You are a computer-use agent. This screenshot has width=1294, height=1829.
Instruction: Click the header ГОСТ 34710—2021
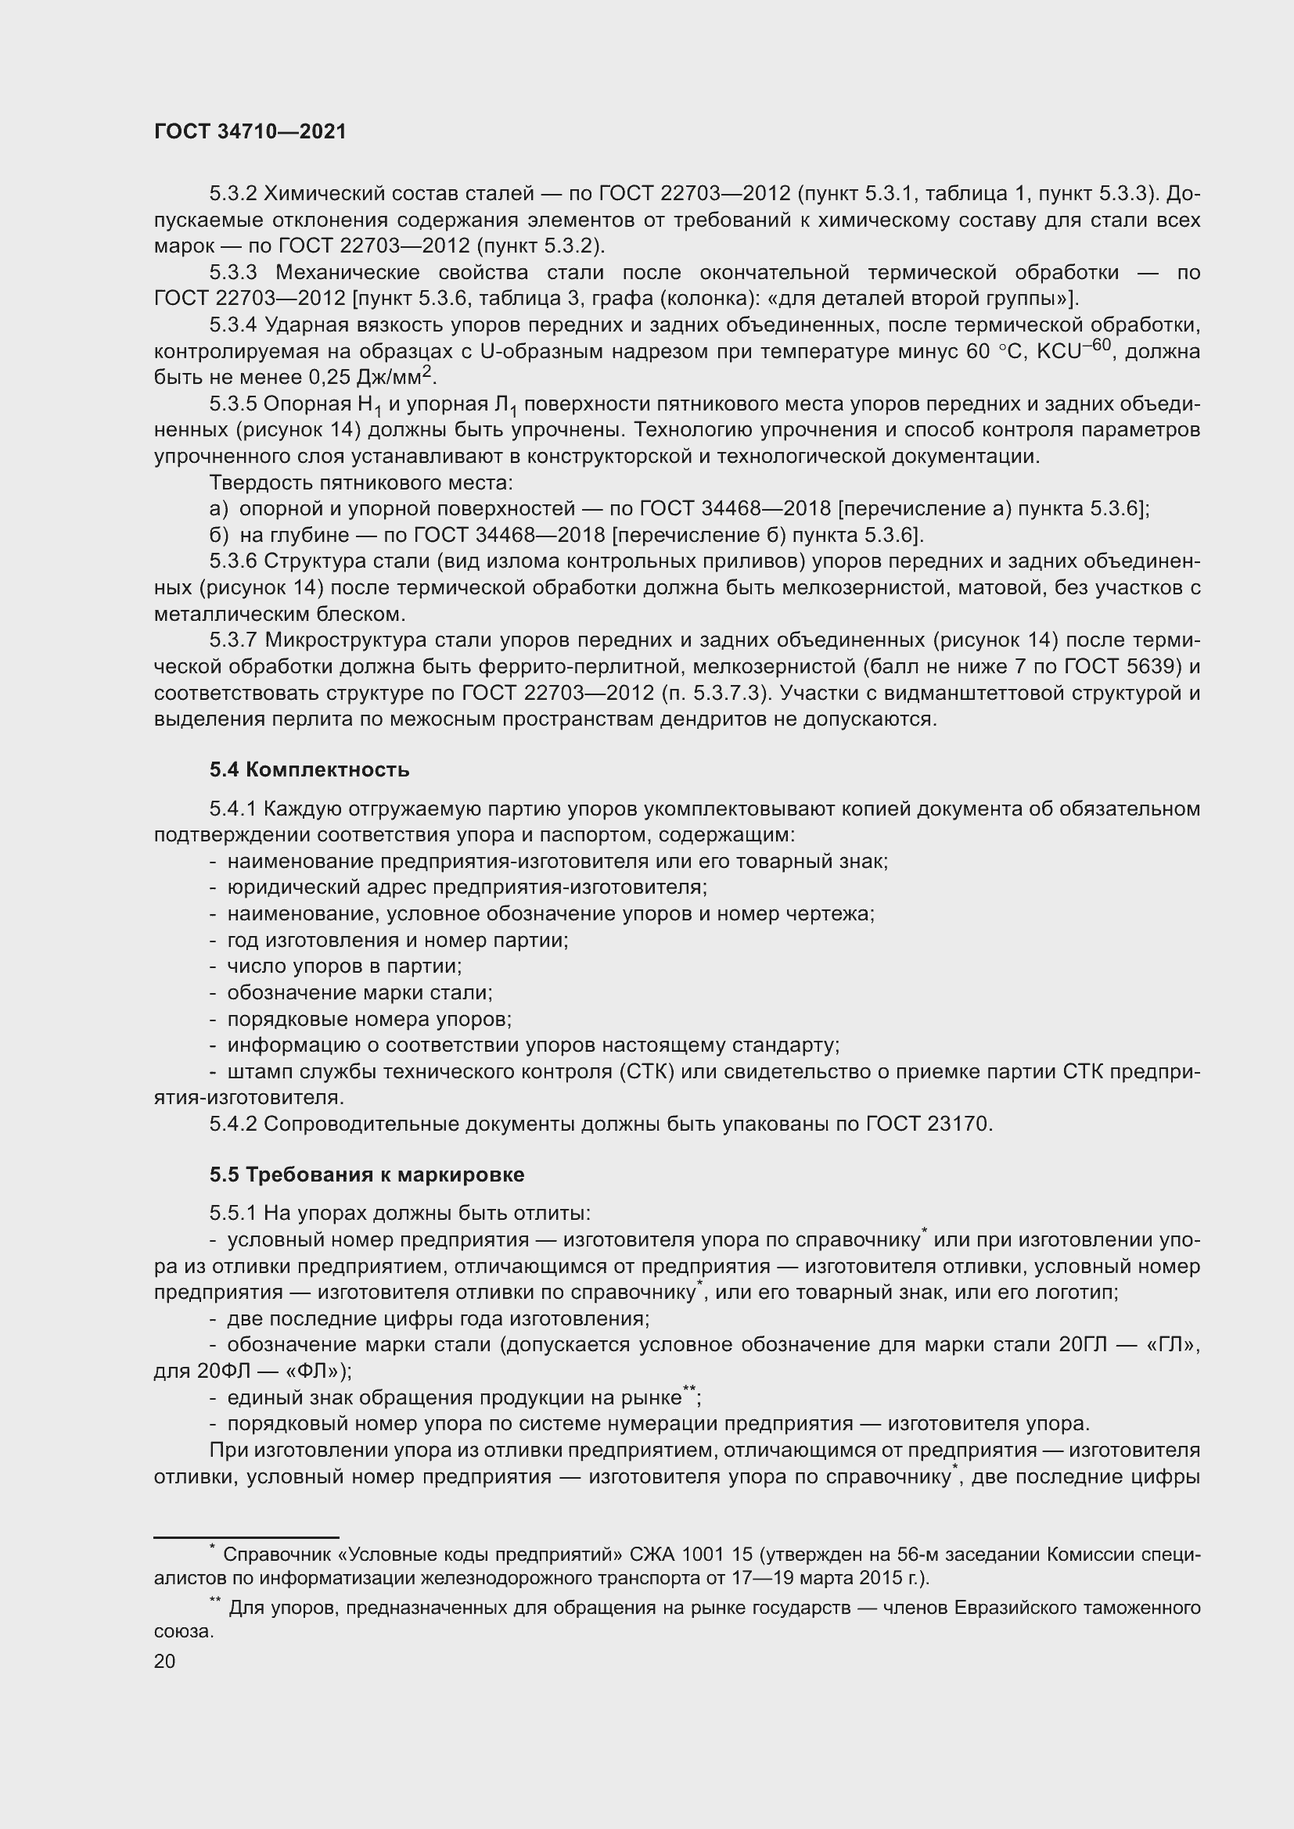pyautogui.click(x=250, y=131)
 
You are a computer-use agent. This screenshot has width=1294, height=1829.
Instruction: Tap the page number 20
pyautogui.click(x=164, y=1661)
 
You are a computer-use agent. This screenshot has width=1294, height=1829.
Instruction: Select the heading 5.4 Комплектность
pyautogui.click(x=309, y=769)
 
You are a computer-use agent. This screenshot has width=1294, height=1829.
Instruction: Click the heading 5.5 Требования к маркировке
pyautogui.click(x=366, y=1175)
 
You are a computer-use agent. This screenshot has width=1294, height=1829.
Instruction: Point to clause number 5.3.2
pyautogui.click(x=232, y=194)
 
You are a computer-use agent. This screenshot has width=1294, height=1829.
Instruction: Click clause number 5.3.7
pyautogui.click(x=232, y=640)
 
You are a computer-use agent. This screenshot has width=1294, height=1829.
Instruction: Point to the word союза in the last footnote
pyautogui.click(x=183, y=1630)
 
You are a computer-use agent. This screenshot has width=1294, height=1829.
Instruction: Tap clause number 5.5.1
pyautogui.click(x=232, y=1214)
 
